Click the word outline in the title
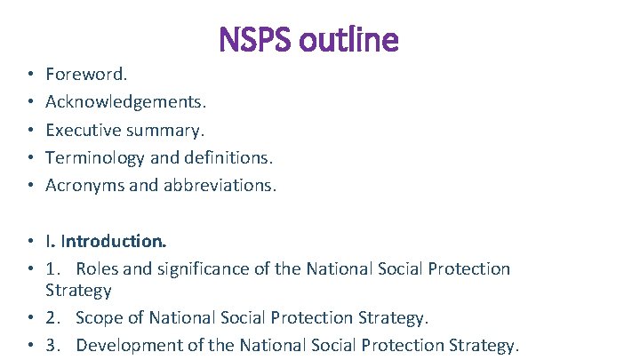click(352, 39)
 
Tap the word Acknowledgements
click(118, 102)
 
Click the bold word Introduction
click(114, 241)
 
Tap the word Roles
click(97, 268)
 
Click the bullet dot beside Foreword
click(29, 76)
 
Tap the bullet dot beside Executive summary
click(29, 131)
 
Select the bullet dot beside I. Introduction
click(29, 242)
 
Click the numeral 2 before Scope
click(51, 317)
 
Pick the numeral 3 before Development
click(51, 345)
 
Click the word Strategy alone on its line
click(78, 291)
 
